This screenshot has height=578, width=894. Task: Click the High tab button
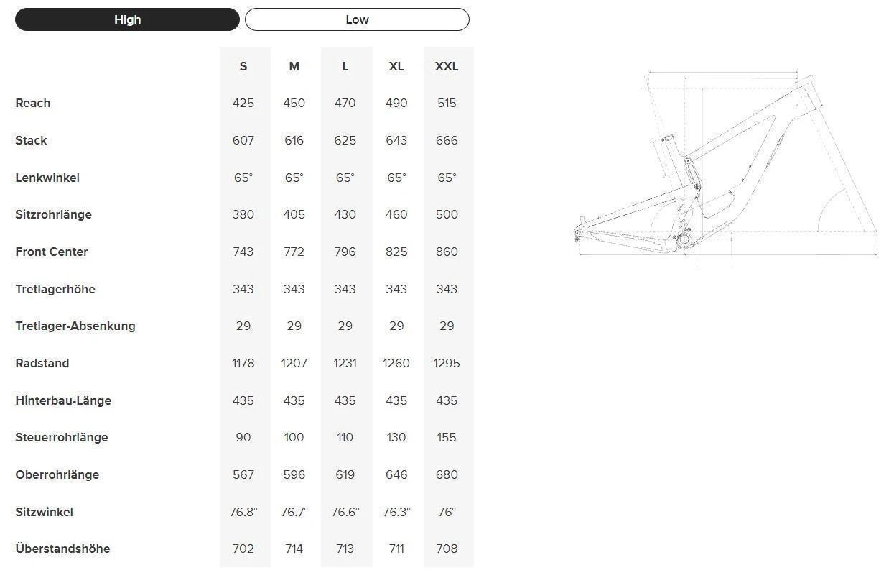click(x=127, y=19)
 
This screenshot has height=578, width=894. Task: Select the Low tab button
click(x=357, y=19)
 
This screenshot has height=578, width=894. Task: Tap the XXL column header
click(x=447, y=66)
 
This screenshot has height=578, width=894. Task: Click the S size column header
click(x=243, y=66)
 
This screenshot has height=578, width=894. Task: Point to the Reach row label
click(x=33, y=103)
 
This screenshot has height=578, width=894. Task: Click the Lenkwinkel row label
click(x=47, y=178)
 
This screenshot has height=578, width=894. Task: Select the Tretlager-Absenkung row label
click(x=75, y=326)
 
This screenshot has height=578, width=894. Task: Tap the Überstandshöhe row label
click(x=62, y=549)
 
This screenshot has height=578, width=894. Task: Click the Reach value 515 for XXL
click(x=447, y=103)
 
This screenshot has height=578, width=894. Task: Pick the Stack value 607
click(x=243, y=140)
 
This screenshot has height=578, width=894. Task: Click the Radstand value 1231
click(x=345, y=363)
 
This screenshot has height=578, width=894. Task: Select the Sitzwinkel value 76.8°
click(x=243, y=512)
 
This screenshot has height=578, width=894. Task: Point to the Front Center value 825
click(x=396, y=252)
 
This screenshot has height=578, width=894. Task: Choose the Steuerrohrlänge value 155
click(x=447, y=437)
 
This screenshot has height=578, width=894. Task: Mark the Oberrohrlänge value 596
click(x=294, y=474)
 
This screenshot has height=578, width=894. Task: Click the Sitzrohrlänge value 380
click(x=243, y=214)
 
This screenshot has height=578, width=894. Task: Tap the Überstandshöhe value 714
click(x=294, y=549)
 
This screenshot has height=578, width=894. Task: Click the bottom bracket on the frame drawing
click(x=684, y=239)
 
